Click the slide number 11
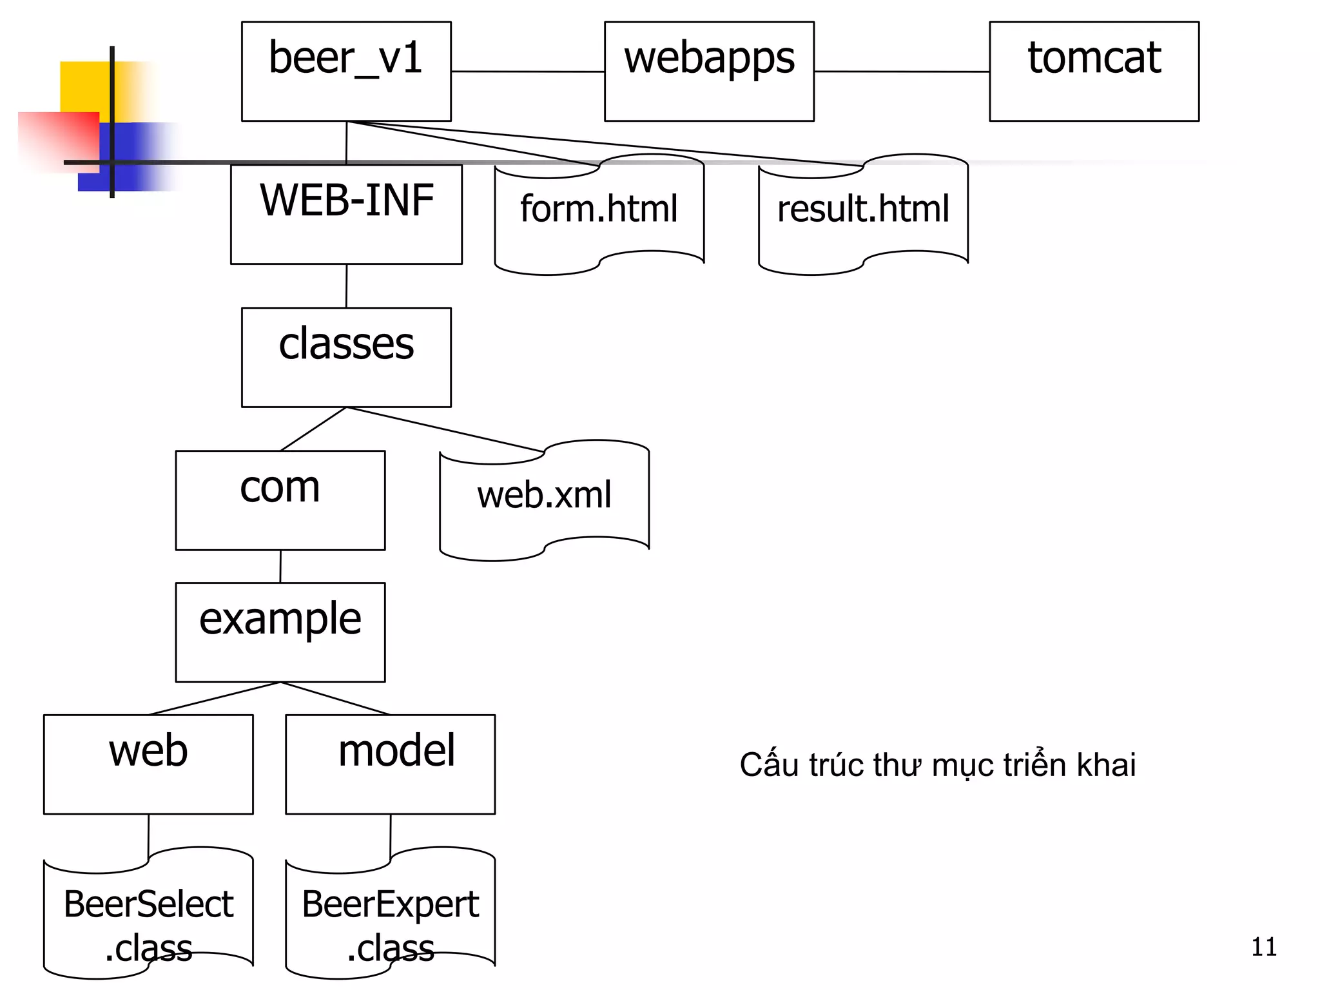(1263, 947)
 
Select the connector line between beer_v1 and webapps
(527, 72)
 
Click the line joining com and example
(280, 567)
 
